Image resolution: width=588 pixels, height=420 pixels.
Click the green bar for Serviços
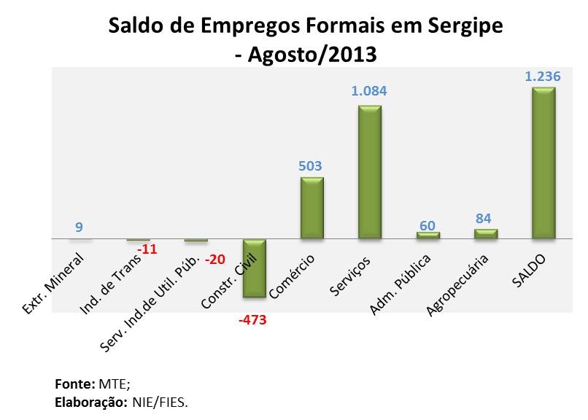369,171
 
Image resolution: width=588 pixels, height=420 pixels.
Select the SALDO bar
543,163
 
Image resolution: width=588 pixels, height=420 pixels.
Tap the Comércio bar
312,208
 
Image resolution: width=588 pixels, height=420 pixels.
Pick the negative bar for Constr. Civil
254,268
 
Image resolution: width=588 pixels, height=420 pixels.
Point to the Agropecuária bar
486,233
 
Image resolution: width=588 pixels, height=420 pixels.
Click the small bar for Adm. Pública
428,235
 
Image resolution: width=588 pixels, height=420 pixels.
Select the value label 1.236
543,75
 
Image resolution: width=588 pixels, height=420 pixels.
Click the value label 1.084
369,92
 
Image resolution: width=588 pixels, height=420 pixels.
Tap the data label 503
311,165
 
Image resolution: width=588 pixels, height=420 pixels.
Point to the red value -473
253,319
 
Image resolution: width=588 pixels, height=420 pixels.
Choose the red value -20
215,260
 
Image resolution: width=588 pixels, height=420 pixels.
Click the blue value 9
79,227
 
